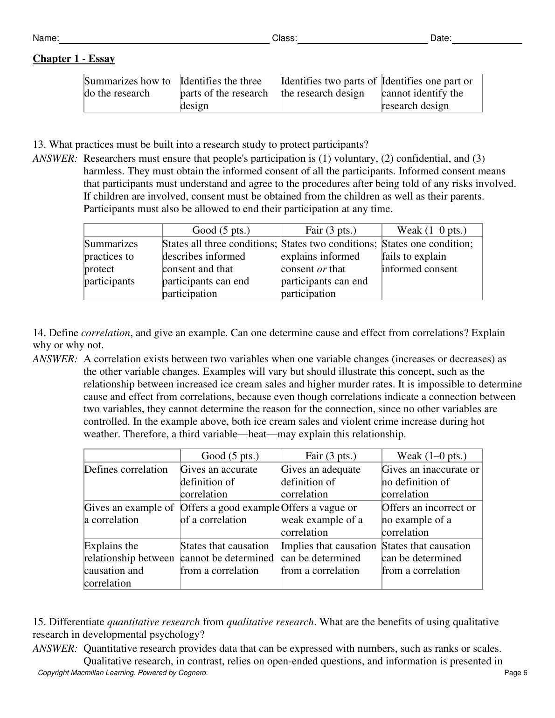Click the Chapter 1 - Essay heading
pos(74,59)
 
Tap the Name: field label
pos(45,38)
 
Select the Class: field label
pos(284,38)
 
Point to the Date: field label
pos(441,38)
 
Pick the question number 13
pos(39,145)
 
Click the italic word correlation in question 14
pos(105,333)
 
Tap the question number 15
pos(39,622)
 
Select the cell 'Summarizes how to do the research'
pos(127,87)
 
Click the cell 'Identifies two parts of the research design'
pos(328,87)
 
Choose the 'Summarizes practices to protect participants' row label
pos(111,262)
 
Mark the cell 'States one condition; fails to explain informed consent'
pos(427,256)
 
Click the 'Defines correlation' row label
pos(126,469)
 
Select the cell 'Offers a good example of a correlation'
pos(229,514)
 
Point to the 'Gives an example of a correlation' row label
pos(129,514)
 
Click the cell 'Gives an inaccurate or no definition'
pos(430,482)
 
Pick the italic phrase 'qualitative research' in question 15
pos(270,622)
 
